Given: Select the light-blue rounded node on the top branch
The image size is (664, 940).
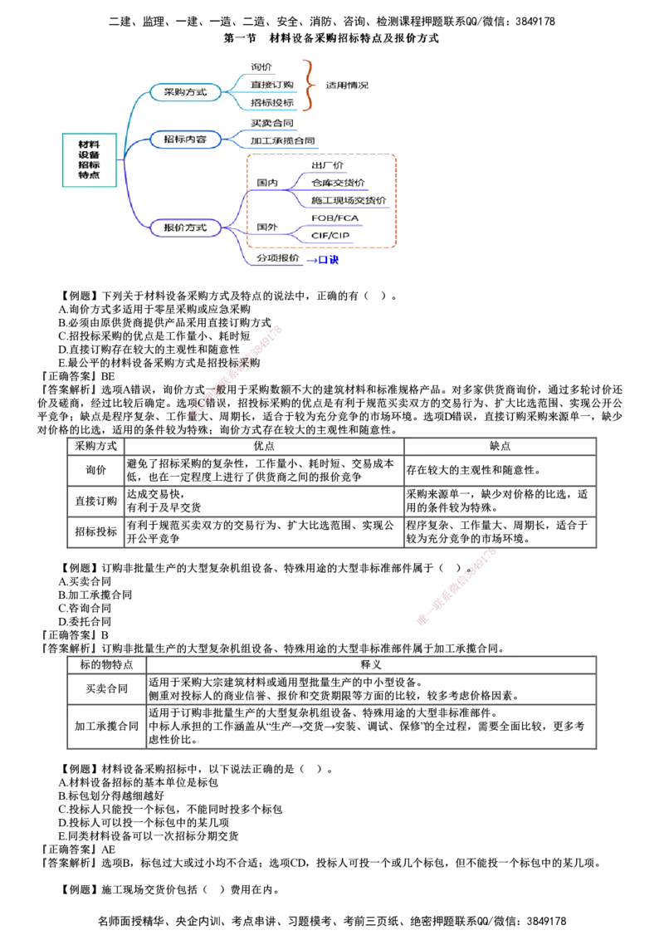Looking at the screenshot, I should click(x=184, y=92).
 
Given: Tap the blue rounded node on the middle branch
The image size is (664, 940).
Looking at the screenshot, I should click(x=184, y=139).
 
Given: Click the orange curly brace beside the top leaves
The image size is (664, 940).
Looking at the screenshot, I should click(x=310, y=85).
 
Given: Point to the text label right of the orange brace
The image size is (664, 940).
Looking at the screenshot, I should click(x=347, y=86).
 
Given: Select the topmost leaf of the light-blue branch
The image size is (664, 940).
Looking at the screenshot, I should click(x=261, y=66).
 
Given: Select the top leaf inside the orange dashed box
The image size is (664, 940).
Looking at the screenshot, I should click(x=326, y=164).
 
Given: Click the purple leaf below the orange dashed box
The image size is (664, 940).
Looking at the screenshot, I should click(x=277, y=259).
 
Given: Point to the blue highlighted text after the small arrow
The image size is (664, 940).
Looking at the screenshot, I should click(x=330, y=260).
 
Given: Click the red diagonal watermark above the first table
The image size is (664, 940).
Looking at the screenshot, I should click(x=237, y=370).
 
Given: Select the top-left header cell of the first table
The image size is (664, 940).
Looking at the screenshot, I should click(x=95, y=445).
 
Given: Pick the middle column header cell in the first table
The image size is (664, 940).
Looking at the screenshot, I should click(x=263, y=445).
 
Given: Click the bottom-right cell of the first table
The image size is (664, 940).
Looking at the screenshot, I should click(x=499, y=531).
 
